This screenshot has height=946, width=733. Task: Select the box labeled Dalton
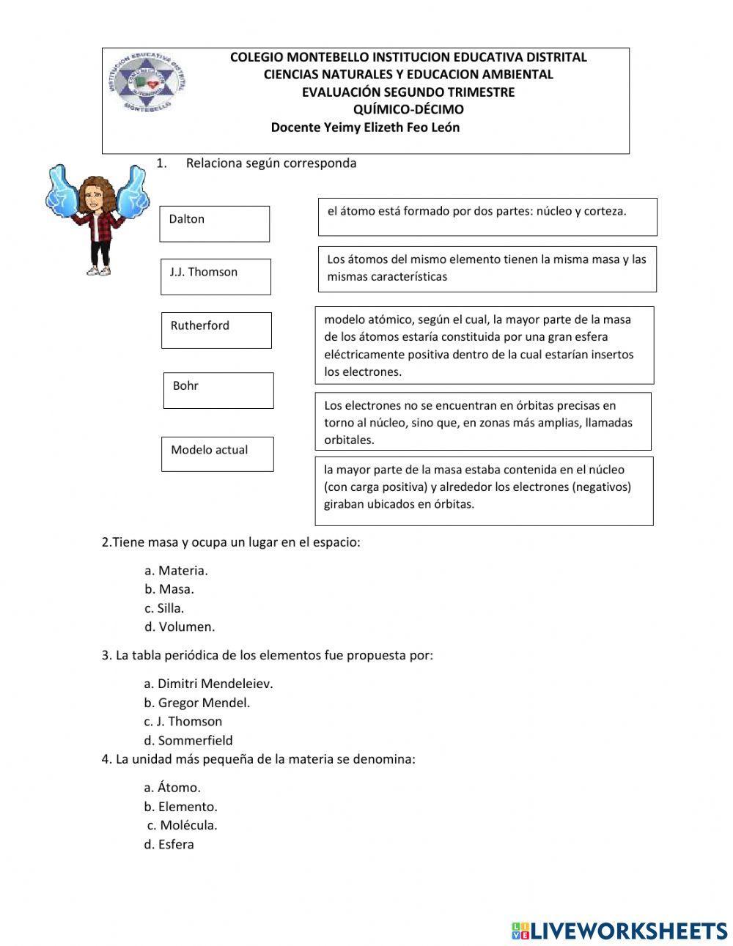click(214, 223)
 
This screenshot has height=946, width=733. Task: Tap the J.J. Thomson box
click(216, 276)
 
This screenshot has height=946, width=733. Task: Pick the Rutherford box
click(216, 330)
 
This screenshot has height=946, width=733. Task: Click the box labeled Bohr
click(218, 390)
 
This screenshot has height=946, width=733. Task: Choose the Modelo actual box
click(217, 454)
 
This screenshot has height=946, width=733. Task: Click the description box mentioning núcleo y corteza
click(487, 216)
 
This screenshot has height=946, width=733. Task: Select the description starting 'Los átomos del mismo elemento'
click(487, 269)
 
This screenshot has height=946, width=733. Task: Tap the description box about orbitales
click(483, 422)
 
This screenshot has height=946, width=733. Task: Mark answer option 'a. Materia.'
click(176, 570)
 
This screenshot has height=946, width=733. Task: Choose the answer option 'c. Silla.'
click(164, 608)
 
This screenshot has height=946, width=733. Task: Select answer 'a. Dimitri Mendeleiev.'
click(208, 684)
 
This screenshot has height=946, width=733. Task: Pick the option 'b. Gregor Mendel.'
click(197, 703)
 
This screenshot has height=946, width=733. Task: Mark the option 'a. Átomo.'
click(172, 788)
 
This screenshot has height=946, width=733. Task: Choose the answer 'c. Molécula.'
click(183, 825)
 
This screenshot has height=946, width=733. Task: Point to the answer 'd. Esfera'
click(169, 844)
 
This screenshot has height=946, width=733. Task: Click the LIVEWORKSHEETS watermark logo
click(619, 930)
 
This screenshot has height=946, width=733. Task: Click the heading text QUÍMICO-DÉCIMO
click(408, 110)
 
